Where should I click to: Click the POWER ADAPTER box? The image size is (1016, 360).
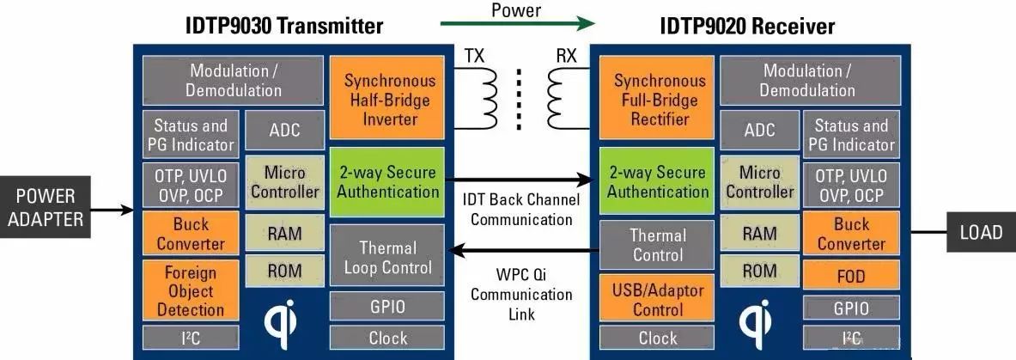click(46, 208)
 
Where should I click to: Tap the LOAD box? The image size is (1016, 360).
click(980, 231)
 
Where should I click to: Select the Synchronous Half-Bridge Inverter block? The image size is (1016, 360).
click(390, 100)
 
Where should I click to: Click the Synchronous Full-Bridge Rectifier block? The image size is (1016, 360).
click(659, 100)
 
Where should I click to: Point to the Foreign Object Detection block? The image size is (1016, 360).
click(191, 291)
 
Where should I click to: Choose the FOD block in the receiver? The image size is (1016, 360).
click(851, 277)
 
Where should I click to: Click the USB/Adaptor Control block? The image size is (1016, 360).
click(658, 299)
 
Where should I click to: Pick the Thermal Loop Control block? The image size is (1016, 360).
click(388, 257)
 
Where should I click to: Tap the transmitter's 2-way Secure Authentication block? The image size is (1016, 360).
click(388, 181)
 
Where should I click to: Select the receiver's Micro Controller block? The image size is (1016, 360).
click(759, 182)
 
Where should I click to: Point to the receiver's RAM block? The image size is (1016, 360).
click(759, 233)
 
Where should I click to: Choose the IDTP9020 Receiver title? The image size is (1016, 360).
click(747, 26)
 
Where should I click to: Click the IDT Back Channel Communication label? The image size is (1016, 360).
click(521, 210)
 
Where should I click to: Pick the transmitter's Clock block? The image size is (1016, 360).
click(388, 338)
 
